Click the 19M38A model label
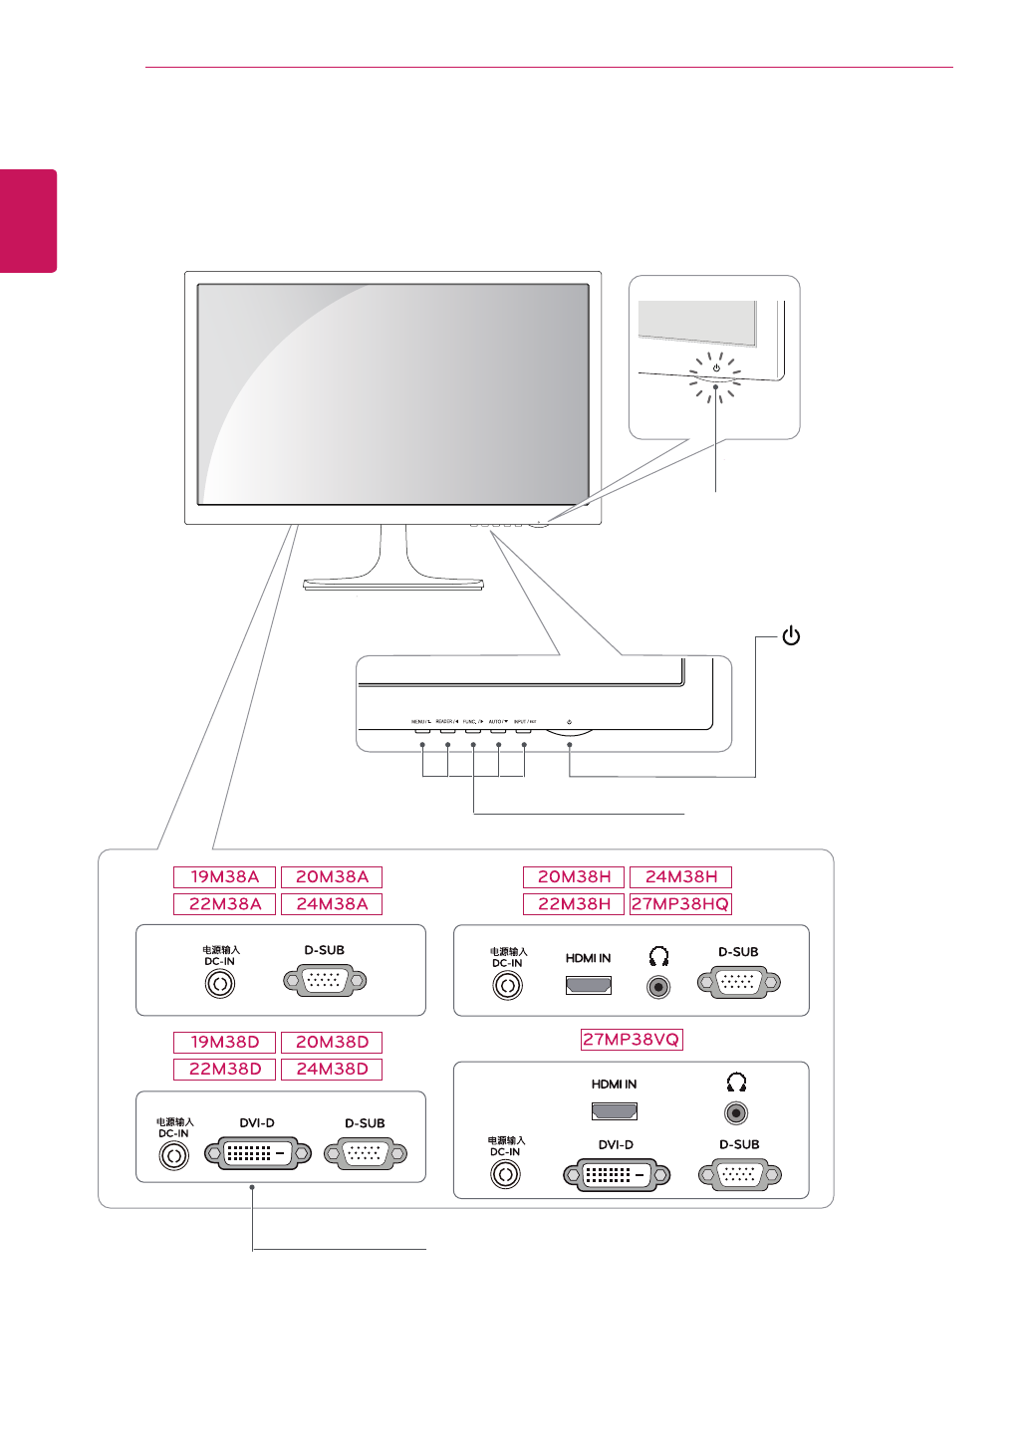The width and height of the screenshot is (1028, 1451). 224,877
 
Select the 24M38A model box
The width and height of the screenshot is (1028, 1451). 332,904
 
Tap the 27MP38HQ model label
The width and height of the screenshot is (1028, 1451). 680,904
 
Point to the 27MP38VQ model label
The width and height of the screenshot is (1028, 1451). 632,1040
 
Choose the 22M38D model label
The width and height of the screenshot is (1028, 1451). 224,1070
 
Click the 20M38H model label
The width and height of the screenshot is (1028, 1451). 574,877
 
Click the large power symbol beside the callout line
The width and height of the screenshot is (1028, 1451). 791,635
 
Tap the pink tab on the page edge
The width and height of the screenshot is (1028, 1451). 28,221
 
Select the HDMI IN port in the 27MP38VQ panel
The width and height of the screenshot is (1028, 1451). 615,1111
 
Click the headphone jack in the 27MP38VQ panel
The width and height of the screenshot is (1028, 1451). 736,1112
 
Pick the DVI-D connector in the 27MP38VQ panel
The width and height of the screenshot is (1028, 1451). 617,1175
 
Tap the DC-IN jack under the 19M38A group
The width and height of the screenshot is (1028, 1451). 220,985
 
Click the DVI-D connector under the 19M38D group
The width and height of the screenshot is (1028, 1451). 257,1154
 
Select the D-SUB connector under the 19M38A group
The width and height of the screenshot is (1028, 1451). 325,982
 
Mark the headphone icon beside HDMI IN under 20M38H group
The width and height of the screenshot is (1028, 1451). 658,957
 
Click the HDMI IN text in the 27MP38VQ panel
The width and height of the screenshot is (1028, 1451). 614,1085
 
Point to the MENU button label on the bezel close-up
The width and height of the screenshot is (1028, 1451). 420,721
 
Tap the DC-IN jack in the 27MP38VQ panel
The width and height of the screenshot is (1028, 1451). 505,1175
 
